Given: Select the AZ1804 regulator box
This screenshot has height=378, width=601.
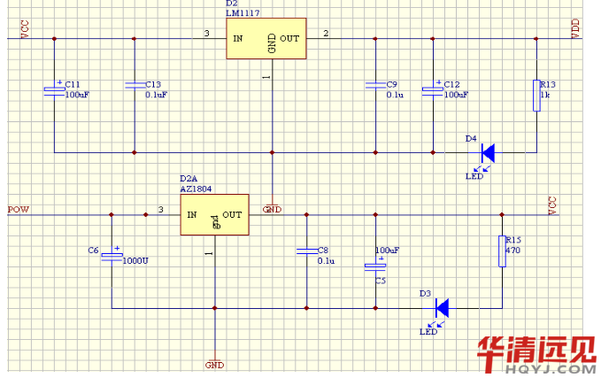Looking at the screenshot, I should tap(214, 215).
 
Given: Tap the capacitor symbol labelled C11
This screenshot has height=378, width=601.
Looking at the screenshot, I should tap(55, 88).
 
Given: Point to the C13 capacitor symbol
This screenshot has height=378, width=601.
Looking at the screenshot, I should tap(134, 85).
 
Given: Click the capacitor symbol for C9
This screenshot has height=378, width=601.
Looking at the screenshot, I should tap(376, 85).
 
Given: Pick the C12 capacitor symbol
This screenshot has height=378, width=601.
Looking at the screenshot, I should tap(432, 88).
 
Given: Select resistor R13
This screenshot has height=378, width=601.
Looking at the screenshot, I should tap(536, 95).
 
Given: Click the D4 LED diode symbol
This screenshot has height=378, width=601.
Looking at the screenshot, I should tap(486, 152).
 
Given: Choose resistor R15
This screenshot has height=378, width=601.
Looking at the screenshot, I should tap(502, 251).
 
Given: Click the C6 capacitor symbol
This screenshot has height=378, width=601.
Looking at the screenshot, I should tap(112, 256).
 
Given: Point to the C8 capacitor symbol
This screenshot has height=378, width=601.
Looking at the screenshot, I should tap(306, 251).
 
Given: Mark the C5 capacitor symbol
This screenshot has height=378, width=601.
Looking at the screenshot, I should tap(377, 265).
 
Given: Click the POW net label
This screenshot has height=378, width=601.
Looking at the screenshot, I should tap(18, 209).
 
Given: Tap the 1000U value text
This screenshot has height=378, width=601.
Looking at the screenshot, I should tap(135, 261).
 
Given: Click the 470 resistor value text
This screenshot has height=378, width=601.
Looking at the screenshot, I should tap(512, 251).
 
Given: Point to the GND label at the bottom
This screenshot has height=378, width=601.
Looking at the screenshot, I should tap(214, 364).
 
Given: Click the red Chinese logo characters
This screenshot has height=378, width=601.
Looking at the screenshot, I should tap(536, 351).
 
